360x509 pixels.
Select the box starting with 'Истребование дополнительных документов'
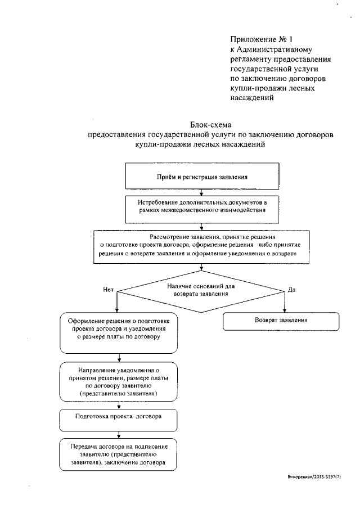[201, 205]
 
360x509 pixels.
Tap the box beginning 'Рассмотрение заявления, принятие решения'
[201, 246]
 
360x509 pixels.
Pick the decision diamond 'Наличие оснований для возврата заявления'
[201, 290]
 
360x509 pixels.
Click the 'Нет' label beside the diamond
[109, 289]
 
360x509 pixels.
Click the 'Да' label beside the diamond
[291, 289]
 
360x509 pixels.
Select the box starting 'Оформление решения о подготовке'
[118, 332]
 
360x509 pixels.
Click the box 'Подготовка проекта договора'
[118, 418]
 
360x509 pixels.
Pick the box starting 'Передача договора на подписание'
[118, 453]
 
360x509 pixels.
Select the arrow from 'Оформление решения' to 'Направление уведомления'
[118, 357]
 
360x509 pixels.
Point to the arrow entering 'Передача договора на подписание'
[118, 434]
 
